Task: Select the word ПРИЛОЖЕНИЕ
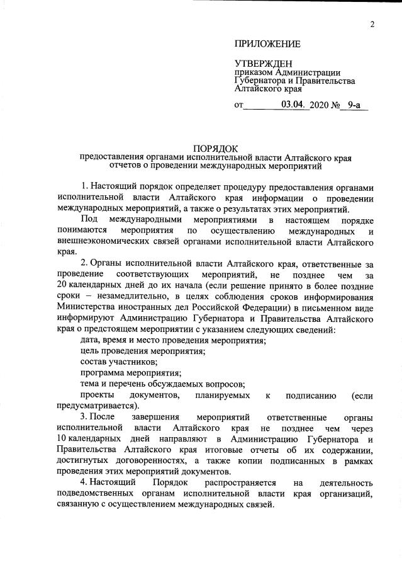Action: point(267,44)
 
